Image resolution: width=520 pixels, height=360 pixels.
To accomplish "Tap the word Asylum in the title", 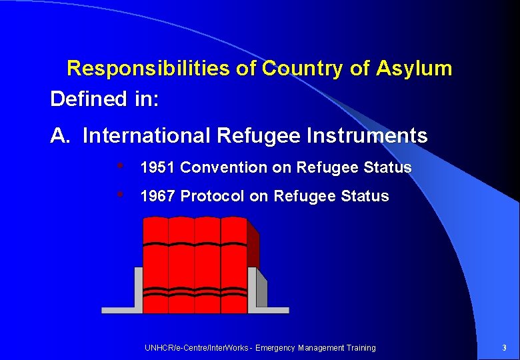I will click(x=414, y=68).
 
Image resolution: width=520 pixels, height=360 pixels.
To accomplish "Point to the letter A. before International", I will click(x=60, y=136).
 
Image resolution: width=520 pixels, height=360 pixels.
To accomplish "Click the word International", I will click(x=147, y=136).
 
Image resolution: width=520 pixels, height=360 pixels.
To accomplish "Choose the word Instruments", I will click(x=367, y=136).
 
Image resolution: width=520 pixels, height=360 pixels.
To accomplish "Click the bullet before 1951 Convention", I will click(x=120, y=166).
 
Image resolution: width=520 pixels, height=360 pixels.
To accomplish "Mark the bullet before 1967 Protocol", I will click(x=120, y=195).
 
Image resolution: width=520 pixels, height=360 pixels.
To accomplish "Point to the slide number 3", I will click(x=505, y=347).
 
